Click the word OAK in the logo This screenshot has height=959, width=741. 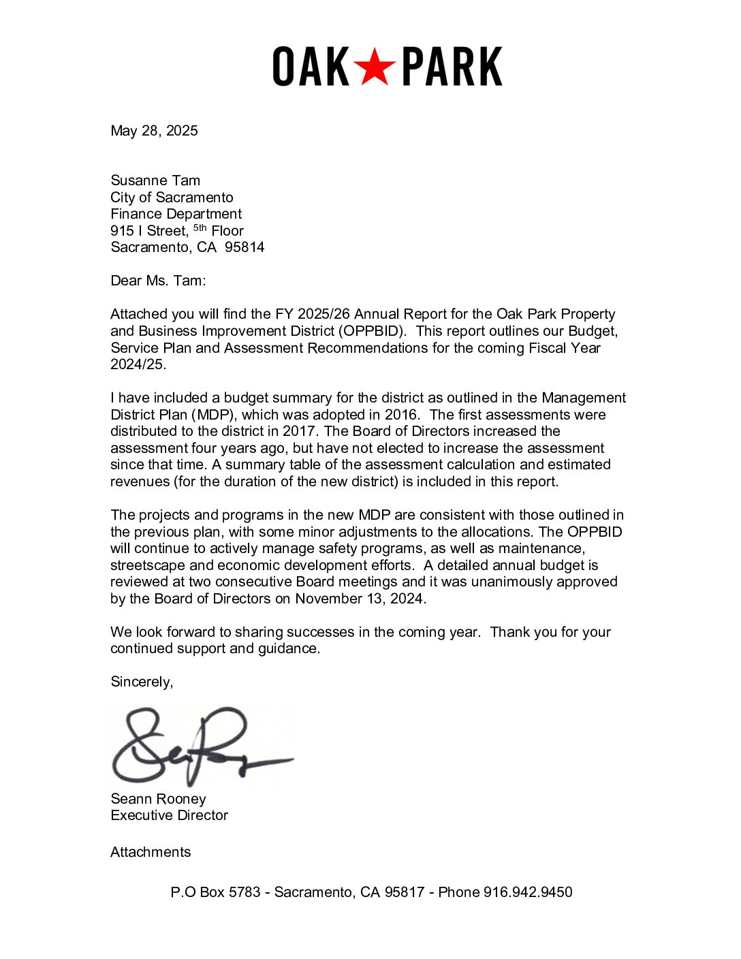[x=311, y=67]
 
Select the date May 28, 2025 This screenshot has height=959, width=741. [x=154, y=131]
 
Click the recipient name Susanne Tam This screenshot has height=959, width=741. [x=155, y=180]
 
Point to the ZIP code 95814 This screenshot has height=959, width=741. [x=245, y=247]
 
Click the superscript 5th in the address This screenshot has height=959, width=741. [x=200, y=228]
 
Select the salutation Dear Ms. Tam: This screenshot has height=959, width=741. [x=158, y=281]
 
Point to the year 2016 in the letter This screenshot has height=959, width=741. [x=401, y=415]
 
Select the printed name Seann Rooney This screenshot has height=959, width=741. [x=158, y=799]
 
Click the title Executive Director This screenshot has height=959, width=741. [x=169, y=815]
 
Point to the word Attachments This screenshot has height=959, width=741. [x=151, y=852]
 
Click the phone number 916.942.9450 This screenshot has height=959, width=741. [x=528, y=892]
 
